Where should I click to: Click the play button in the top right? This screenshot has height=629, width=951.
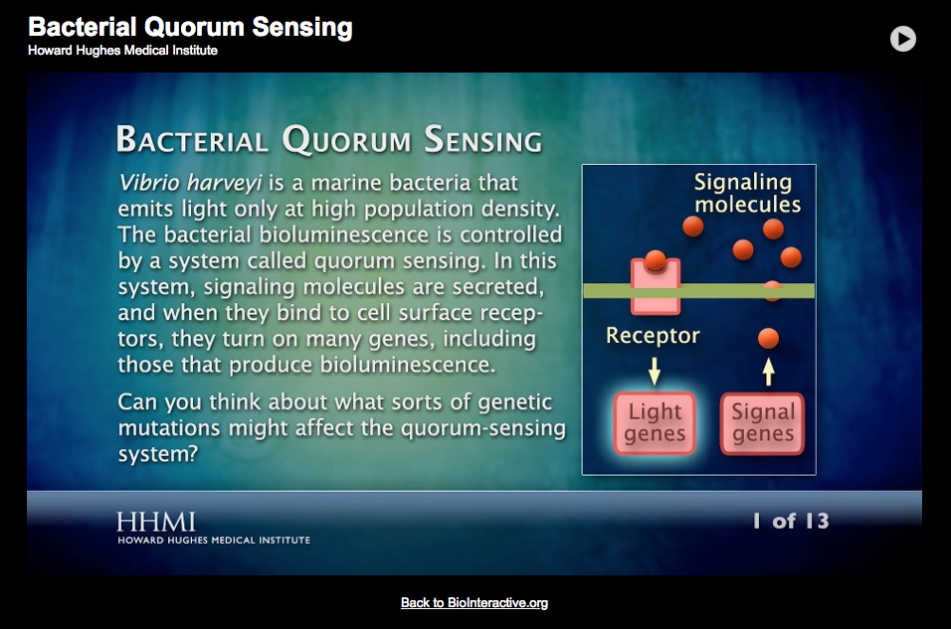pos(902,39)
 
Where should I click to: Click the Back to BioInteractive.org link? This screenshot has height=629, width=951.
pos(475,602)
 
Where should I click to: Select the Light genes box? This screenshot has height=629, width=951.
pos(655,423)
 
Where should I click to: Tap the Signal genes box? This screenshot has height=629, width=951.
pos(763,423)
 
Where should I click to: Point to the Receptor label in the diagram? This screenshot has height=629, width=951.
pos(653,336)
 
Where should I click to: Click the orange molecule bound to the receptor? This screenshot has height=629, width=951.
pos(655,261)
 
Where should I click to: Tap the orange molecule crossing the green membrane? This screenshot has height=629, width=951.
pos(773,290)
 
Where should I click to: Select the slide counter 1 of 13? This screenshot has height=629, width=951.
pos(790,521)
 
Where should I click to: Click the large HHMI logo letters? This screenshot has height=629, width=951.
pos(155,522)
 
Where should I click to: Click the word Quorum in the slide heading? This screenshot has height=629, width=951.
pos(346,140)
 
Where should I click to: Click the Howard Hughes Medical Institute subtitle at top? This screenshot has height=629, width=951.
pos(122,51)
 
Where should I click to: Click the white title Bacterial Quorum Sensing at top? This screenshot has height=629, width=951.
pos(190,27)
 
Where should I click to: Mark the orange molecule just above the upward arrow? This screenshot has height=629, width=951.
pos(768,339)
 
